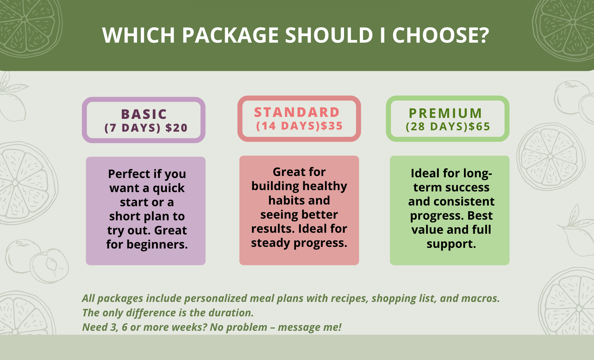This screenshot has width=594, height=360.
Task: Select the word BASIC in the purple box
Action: point(144,114)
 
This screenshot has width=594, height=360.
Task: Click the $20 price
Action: point(176,128)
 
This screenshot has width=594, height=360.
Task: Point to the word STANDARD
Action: point(297,112)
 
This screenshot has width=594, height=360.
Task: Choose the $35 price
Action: point(332,126)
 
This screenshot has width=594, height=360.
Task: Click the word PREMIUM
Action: point(446,113)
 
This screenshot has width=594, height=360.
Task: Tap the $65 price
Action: point(479,127)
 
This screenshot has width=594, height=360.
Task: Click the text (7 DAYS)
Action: point(132,128)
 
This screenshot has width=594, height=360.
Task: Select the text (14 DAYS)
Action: point(288,126)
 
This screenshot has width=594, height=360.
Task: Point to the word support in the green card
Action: point(451,244)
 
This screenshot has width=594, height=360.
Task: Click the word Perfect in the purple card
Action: point(129,174)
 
